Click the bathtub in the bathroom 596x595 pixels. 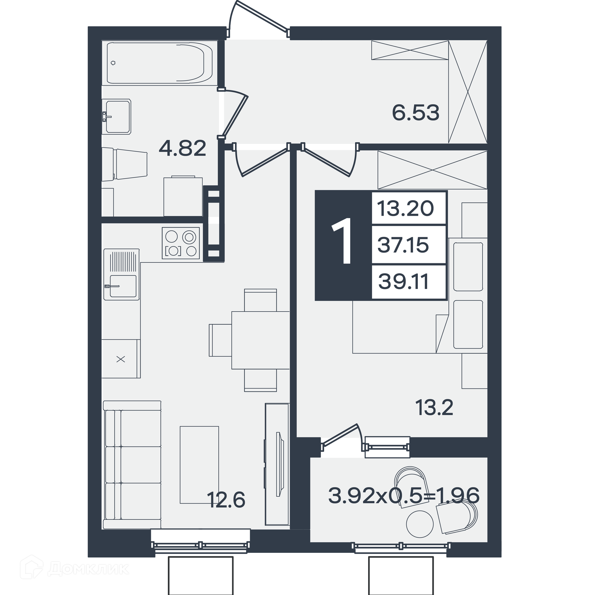coord(160,63)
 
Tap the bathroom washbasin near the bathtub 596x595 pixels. coord(117,117)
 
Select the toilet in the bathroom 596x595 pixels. coord(124,164)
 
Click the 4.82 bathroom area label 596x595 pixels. coord(183,148)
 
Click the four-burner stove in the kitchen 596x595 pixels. coord(181,243)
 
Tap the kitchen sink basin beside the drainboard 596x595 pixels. coord(123,286)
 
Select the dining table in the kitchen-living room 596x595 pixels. coord(260,340)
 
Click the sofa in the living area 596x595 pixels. coord(132,465)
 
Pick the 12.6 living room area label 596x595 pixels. coord(226,500)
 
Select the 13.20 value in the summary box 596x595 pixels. coord(405,208)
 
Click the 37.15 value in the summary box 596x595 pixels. coord(403,245)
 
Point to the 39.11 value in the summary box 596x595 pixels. coord(404,282)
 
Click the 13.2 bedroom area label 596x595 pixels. coord(434,407)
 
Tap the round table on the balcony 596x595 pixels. coord(420,524)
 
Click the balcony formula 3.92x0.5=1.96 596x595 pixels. coord(404,495)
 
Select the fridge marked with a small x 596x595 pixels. coord(121,359)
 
